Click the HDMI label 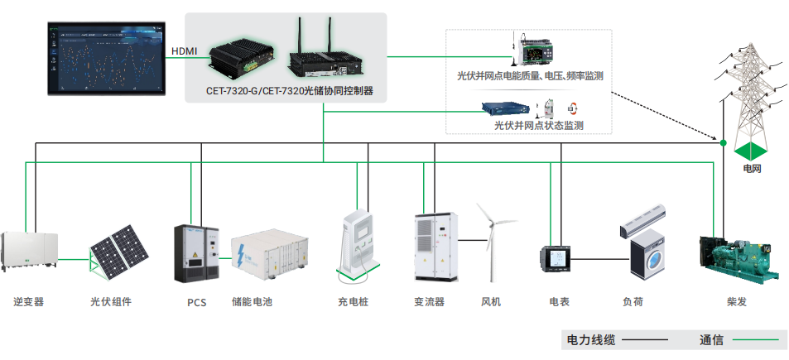pyautogui.click(x=184, y=51)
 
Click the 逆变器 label pyautogui.click(x=29, y=302)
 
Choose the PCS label pyautogui.click(x=196, y=302)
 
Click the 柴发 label pyautogui.click(x=736, y=302)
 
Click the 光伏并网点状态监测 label pyautogui.click(x=539, y=126)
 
